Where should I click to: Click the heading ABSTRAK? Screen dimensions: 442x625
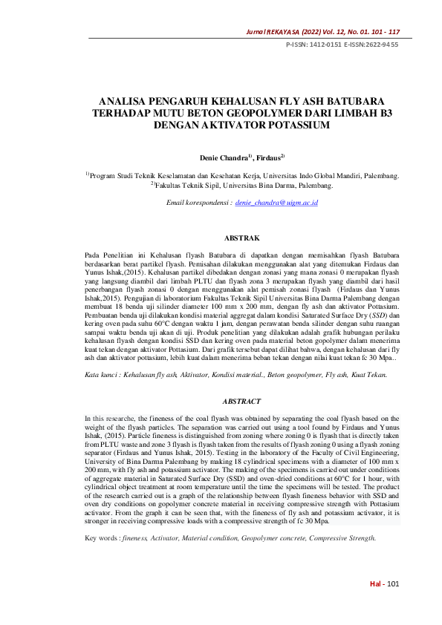(241, 238)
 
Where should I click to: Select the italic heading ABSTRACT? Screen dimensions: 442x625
(241, 401)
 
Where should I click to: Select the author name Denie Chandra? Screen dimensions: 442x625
(224, 158)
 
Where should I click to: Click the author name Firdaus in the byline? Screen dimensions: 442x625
(267, 158)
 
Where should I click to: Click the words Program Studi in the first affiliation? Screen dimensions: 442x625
(110, 176)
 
